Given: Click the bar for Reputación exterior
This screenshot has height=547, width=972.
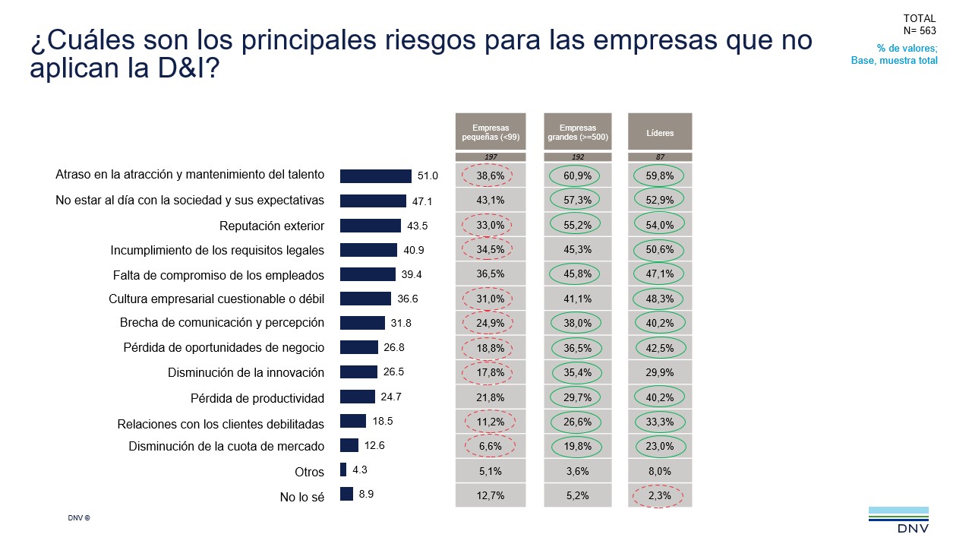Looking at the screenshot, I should (x=370, y=226).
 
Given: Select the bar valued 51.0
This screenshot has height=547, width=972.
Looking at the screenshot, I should (x=375, y=175).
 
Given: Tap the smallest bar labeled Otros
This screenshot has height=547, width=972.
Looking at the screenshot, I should (x=343, y=470).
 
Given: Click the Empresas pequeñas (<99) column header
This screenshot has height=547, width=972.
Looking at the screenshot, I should (x=490, y=132).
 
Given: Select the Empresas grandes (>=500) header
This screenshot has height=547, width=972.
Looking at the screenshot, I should (x=577, y=132).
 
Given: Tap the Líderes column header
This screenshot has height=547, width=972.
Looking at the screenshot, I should (x=660, y=132).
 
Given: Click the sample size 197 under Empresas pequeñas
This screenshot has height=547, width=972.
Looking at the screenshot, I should (x=490, y=157).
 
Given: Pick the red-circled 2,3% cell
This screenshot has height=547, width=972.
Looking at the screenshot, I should (x=659, y=495).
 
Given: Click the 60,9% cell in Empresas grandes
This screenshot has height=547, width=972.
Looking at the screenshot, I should (x=577, y=175).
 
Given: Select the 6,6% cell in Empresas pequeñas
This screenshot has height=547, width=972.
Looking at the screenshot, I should (x=490, y=446).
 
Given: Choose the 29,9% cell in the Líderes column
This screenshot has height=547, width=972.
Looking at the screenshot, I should (x=659, y=372).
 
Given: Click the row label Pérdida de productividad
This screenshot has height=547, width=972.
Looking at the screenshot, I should (x=257, y=398).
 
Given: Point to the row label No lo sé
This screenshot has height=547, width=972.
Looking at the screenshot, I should (x=302, y=498).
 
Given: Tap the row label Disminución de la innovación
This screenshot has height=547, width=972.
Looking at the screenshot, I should (x=245, y=373).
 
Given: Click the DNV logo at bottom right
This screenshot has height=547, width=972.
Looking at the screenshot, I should (x=898, y=520).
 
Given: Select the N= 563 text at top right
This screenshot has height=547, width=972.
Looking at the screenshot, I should (x=920, y=31).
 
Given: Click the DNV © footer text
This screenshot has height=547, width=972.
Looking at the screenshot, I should (x=79, y=518).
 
